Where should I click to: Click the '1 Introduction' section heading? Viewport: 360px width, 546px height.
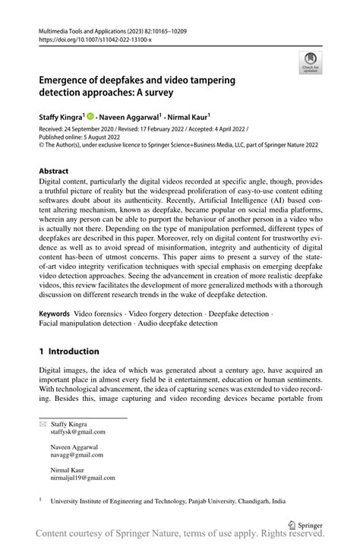(69, 352)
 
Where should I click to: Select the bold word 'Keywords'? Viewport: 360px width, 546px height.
(54, 314)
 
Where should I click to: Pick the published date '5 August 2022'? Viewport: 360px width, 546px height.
(108, 138)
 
